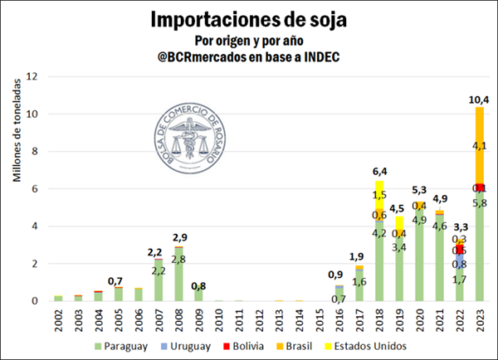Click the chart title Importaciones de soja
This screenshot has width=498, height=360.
(x=248, y=19)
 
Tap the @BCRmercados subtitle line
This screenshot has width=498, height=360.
(x=248, y=56)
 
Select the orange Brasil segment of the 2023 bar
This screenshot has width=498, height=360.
(x=479, y=145)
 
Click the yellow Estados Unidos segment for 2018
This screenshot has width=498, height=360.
(x=379, y=194)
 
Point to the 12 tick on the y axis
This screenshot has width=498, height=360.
(x=32, y=76)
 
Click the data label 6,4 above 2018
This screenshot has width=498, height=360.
(x=379, y=173)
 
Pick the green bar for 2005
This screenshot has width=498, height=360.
(x=118, y=294)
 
